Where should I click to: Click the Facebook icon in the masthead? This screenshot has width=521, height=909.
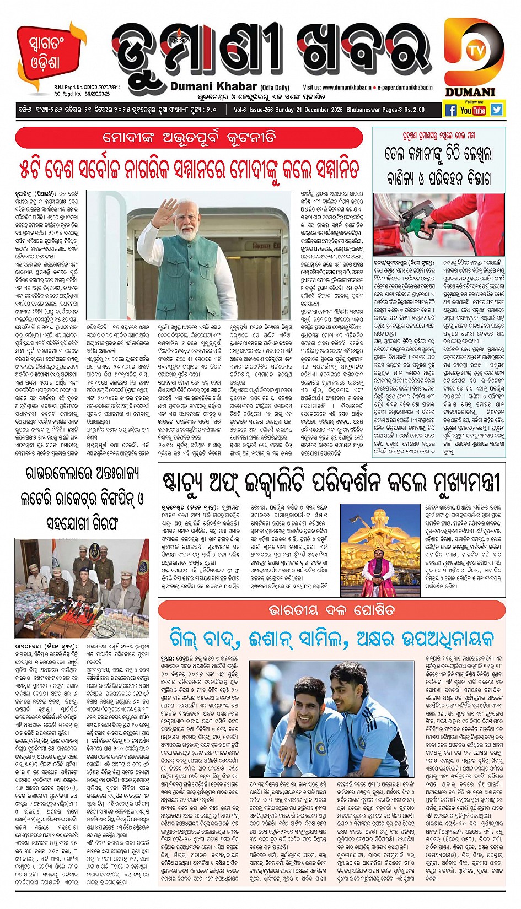(x=450, y=110)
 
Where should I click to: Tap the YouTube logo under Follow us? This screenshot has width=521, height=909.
(x=473, y=110)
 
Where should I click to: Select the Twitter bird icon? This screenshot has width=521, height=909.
(x=497, y=109)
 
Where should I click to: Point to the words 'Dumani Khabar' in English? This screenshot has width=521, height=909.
(x=213, y=86)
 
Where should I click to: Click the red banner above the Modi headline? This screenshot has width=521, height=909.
(x=189, y=137)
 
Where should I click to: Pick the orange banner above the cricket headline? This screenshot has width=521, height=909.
(x=331, y=610)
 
